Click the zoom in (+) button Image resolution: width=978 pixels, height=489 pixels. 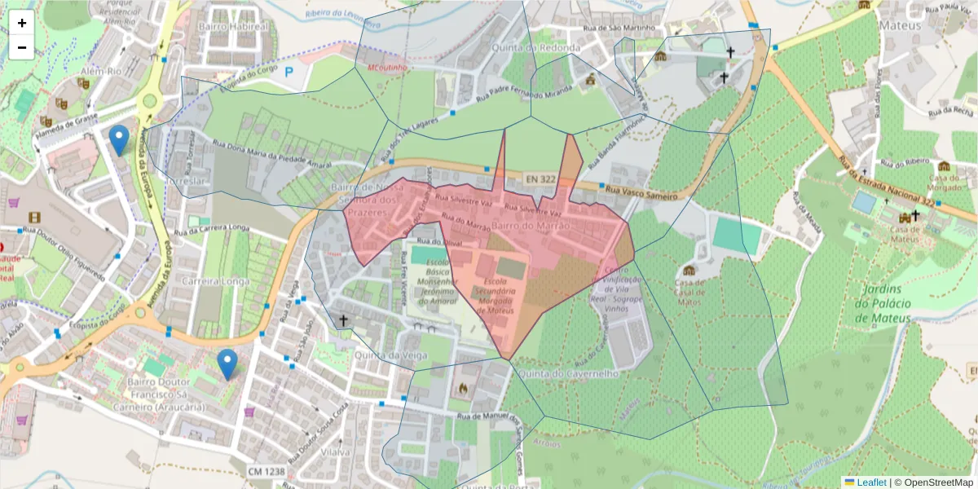(x=22, y=23)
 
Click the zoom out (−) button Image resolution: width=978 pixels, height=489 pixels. (x=22, y=47)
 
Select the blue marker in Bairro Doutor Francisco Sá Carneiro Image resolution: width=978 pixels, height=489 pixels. (x=227, y=363)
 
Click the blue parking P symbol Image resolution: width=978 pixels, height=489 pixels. (x=288, y=72)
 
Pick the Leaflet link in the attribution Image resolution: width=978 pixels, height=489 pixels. (x=871, y=482)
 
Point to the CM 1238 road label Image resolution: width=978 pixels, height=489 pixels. (x=267, y=472)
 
